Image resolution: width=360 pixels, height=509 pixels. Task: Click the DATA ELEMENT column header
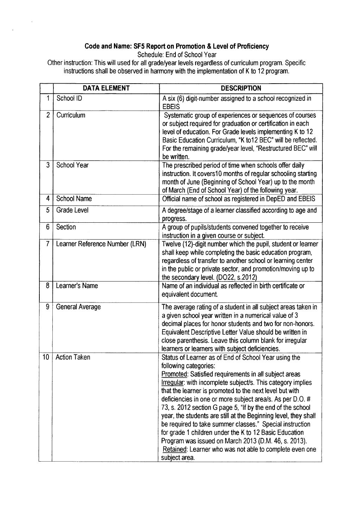(106, 89)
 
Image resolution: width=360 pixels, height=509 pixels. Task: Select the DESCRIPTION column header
(241, 89)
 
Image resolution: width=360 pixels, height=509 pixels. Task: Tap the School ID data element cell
(69, 98)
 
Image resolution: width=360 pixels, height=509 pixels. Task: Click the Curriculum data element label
(71, 116)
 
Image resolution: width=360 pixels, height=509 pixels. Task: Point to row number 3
(47, 165)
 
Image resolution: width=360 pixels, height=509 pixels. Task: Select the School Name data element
(74, 199)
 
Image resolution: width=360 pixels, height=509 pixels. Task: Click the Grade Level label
(72, 210)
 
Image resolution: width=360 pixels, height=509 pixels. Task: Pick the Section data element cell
(66, 227)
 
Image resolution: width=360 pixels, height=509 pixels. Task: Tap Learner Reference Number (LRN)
(101, 244)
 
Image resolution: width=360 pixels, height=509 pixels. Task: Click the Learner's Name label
(77, 286)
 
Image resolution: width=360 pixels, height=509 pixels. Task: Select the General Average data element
(78, 307)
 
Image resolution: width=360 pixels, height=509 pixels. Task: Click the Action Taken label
(73, 358)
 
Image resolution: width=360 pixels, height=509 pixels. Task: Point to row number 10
(46, 358)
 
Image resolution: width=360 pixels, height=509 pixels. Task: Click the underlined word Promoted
(173, 374)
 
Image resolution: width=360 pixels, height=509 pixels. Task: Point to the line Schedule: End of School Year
(177, 55)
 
